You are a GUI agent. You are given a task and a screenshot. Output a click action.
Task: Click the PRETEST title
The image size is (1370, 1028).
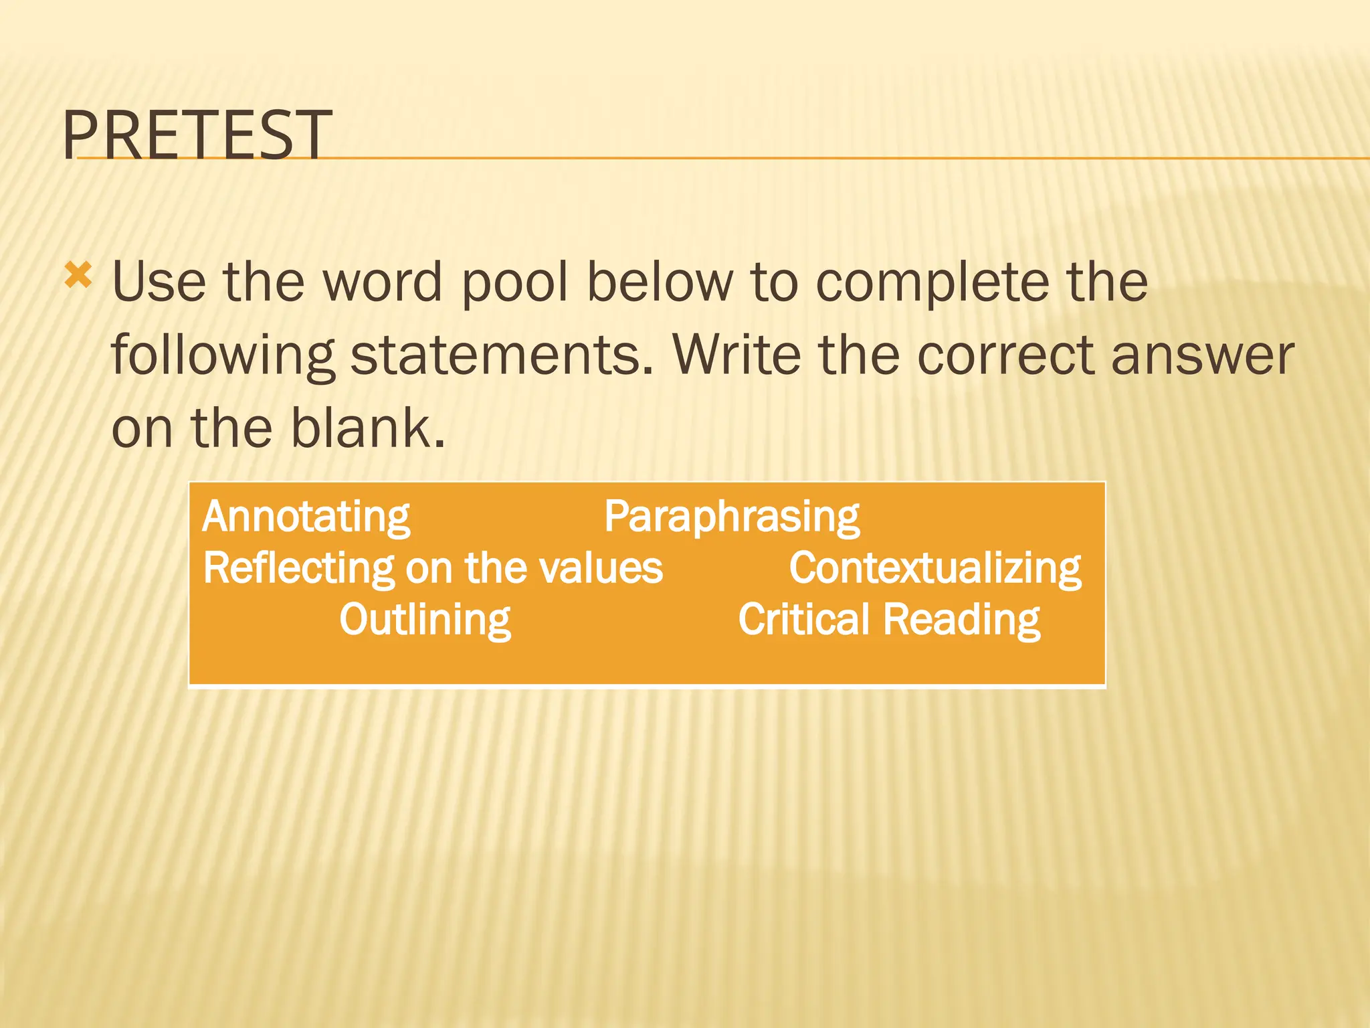[x=197, y=135]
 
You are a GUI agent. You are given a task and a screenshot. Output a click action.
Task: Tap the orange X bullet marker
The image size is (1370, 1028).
[x=78, y=276]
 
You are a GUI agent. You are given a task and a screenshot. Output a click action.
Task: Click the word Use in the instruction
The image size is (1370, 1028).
[x=159, y=282]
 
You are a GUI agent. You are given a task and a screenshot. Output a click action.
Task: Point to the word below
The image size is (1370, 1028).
[x=660, y=282]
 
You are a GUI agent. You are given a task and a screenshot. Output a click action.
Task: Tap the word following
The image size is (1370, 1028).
[x=223, y=357]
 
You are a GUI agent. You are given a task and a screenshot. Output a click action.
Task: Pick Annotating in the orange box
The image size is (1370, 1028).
[x=306, y=517]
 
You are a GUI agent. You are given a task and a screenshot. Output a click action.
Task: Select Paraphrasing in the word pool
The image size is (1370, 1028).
[x=732, y=517]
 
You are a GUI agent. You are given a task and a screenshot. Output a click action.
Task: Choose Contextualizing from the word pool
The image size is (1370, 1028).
[x=935, y=569]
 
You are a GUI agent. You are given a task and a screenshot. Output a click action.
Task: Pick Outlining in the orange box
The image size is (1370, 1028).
[x=425, y=620]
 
